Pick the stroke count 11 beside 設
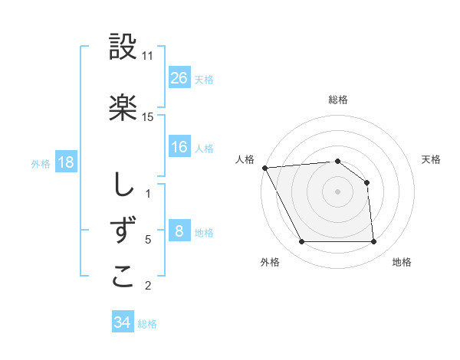point(148,56)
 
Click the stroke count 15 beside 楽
point(148,116)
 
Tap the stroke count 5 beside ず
point(148,240)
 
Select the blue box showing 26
point(179,77)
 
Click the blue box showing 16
point(179,147)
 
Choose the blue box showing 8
point(179,231)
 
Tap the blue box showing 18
point(65,162)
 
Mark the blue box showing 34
point(122,322)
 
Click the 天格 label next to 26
point(204,79)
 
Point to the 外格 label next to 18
point(41,163)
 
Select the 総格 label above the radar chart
point(337,100)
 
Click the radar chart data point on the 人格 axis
point(264,168)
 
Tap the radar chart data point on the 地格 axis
point(373,242)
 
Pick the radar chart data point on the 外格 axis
point(301,242)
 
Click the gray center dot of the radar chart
point(337,191)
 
